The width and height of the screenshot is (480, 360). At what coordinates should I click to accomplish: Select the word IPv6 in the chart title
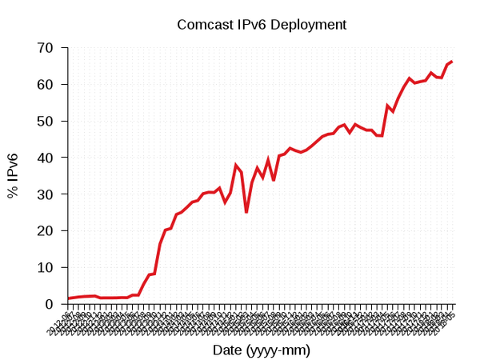click(x=251, y=25)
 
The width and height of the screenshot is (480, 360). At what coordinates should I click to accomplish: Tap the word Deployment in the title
click(x=308, y=25)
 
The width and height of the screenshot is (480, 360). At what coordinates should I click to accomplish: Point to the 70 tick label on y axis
click(x=46, y=48)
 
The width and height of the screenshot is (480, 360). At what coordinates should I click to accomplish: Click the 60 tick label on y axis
click(x=46, y=85)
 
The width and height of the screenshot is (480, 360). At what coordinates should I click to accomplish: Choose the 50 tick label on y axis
click(x=46, y=122)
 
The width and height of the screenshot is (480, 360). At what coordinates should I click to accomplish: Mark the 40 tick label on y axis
click(x=46, y=158)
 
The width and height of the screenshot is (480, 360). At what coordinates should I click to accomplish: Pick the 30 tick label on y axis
click(x=46, y=194)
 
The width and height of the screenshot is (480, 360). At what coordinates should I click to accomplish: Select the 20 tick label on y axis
click(x=46, y=231)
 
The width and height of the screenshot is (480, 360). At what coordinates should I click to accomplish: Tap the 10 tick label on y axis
click(x=46, y=267)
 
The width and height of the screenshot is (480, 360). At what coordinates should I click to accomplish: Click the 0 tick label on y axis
click(x=50, y=304)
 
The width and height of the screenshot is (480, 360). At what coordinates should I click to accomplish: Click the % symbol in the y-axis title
click(x=14, y=192)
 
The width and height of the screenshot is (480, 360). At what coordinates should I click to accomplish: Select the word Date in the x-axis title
click(x=226, y=350)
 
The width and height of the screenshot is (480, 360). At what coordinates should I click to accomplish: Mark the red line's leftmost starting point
click(x=68, y=298)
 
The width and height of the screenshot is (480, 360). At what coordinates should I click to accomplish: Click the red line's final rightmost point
click(x=452, y=62)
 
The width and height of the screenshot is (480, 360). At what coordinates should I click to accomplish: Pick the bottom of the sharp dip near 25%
click(x=246, y=212)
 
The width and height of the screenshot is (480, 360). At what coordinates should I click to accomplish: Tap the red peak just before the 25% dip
click(x=236, y=165)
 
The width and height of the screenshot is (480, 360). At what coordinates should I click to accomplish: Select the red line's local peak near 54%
click(x=387, y=106)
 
